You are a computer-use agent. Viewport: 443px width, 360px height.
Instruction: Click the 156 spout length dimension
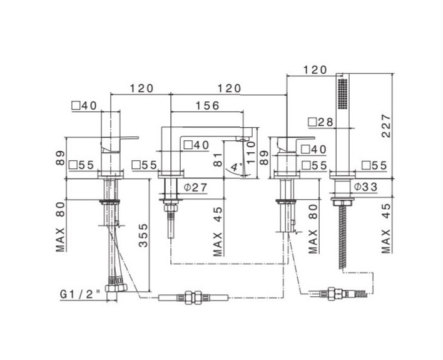coord(208,105)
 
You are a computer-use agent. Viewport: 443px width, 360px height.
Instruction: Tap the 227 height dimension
coord(386,126)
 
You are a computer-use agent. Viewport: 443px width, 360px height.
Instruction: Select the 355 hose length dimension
coord(143,235)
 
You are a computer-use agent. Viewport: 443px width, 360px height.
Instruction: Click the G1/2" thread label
coord(81,294)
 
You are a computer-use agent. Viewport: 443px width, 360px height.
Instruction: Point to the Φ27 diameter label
coord(195,187)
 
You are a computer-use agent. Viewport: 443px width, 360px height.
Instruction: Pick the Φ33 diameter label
coord(366,187)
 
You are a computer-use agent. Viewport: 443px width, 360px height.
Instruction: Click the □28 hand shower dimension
coord(320,122)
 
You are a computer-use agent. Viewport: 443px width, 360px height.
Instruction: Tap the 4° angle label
coord(236,167)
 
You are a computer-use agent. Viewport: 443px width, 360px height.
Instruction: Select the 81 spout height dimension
coord(218,160)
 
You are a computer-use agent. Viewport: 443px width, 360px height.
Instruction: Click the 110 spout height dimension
coord(251,152)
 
